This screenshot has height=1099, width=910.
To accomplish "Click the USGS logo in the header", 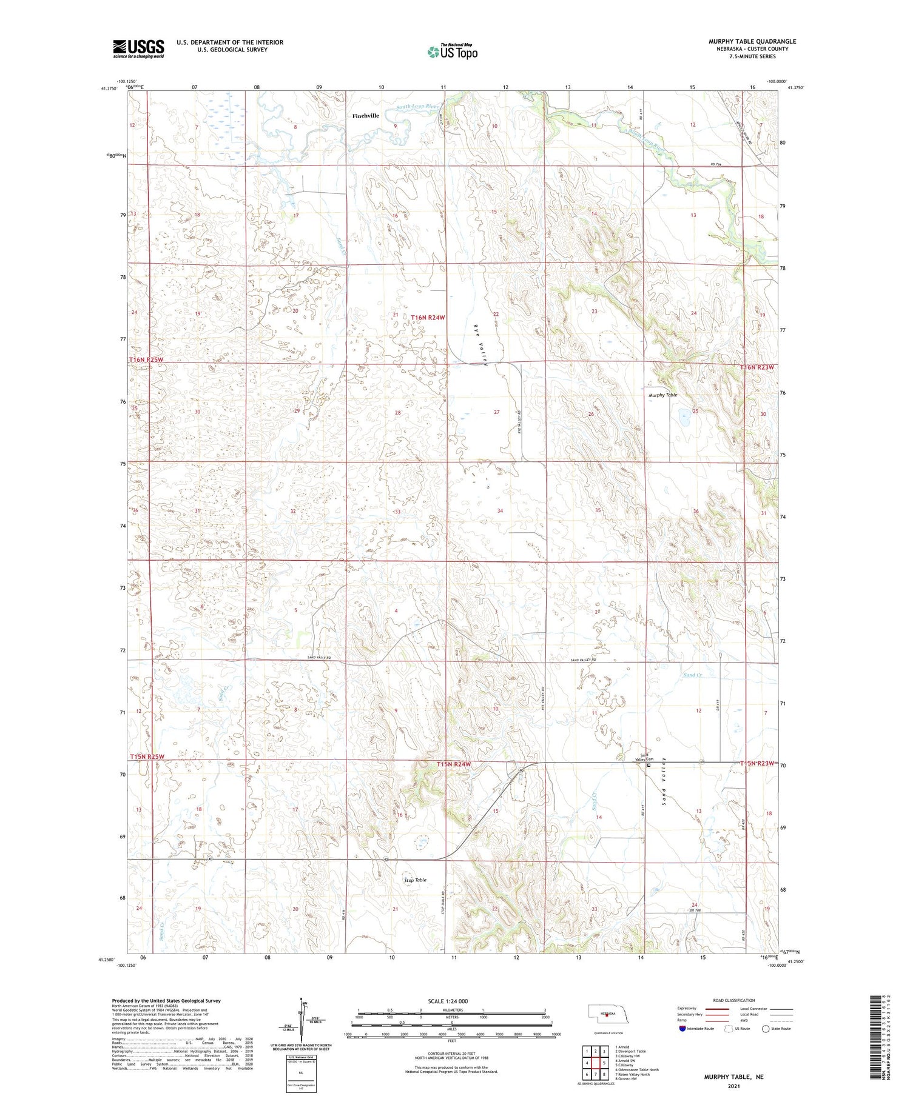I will pyautogui.click(x=138, y=48).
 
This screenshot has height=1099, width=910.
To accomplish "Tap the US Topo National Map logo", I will pyautogui.click(x=453, y=52).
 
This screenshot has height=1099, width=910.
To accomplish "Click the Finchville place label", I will pyautogui.click(x=366, y=116).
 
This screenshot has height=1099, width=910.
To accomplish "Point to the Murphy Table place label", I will pyautogui.click(x=663, y=395).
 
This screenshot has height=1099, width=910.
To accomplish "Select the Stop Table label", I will pyautogui.click(x=416, y=880).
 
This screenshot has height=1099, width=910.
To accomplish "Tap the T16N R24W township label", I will pyautogui.click(x=428, y=318).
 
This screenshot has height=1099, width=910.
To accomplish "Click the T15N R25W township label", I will pyautogui.click(x=147, y=757).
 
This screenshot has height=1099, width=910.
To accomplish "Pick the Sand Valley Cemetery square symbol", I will pyautogui.click(x=649, y=765).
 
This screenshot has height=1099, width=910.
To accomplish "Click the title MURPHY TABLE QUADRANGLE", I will pyautogui.click(x=752, y=41).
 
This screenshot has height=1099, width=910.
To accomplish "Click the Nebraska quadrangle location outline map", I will pyautogui.click(x=605, y=1013).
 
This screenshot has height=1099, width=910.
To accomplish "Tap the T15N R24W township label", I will pyautogui.click(x=454, y=765).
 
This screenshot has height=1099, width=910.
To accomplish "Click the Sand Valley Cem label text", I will pyautogui.click(x=645, y=757).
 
